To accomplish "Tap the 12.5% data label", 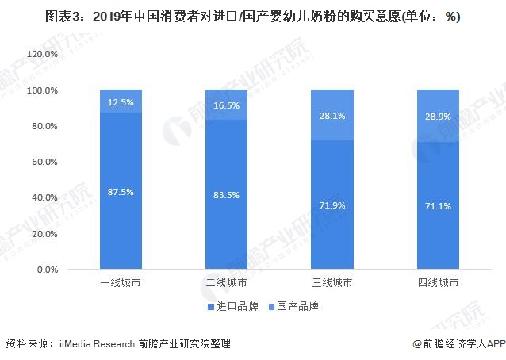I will click(x=121, y=103).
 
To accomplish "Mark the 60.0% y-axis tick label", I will click(x=44, y=162).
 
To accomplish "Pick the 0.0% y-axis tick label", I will click(x=47, y=270).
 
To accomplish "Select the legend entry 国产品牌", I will click(x=298, y=306).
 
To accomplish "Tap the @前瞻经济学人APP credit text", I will click(x=458, y=343).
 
